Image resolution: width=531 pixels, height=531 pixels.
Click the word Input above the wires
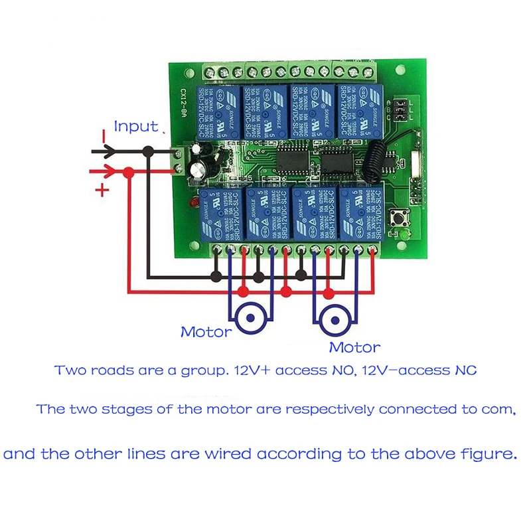(x=136, y=126)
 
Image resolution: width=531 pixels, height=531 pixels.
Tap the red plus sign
(x=102, y=191)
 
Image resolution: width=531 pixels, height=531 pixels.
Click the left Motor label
(x=206, y=331)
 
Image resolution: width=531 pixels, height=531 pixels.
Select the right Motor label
(x=355, y=346)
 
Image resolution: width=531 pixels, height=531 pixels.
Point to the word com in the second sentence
(x=499, y=410)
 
